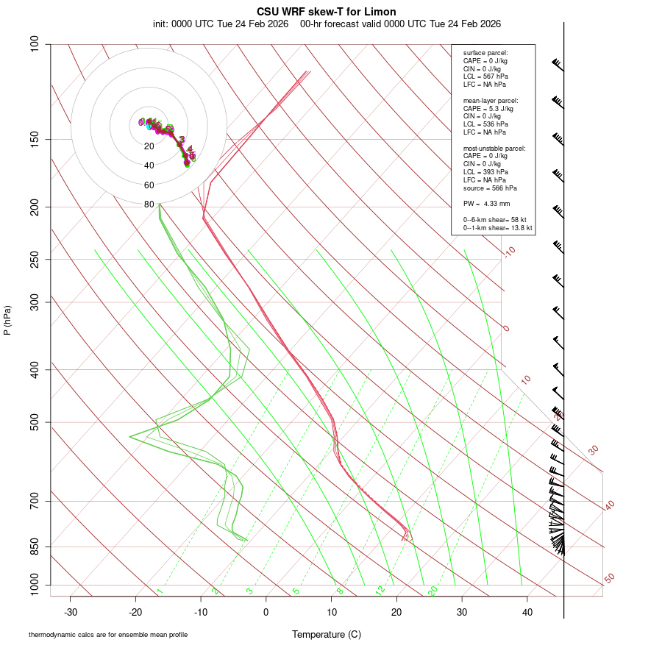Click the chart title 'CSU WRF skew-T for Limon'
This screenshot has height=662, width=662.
pos(327,12)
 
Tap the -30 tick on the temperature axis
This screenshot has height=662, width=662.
pos(71,612)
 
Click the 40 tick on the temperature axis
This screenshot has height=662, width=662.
pos(527,612)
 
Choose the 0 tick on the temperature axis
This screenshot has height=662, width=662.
pos(266,612)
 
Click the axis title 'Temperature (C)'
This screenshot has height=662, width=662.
pos(327,634)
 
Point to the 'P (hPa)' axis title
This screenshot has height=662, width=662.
pos(7,320)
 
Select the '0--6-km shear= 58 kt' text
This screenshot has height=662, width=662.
pos(495,219)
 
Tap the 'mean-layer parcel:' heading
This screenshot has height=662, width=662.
pos(491,100)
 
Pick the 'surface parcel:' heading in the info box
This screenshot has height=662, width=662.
pos(485,53)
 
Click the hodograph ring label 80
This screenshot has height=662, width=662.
pos(149,204)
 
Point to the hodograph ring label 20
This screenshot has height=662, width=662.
pos(149,146)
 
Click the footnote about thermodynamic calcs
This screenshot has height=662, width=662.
pos(108,634)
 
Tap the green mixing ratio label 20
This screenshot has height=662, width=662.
pos(433,591)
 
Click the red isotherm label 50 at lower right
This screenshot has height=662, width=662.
pos(609,579)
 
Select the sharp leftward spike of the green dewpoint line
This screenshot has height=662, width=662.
pos(131,436)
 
